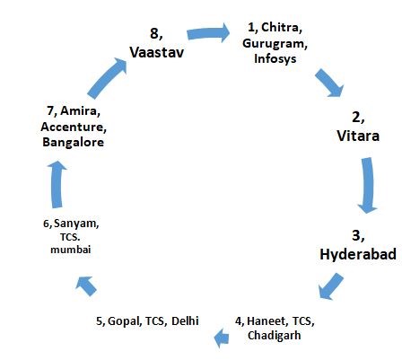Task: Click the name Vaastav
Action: (157, 52)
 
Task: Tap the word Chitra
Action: (280, 27)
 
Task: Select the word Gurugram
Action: (274, 44)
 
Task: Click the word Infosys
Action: (275, 58)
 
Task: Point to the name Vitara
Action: (358, 136)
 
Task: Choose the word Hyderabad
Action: (358, 254)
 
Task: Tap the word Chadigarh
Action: (275, 336)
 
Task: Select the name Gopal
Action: (123, 321)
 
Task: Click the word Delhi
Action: (185, 320)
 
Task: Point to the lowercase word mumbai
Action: (71, 250)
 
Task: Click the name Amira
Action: (79, 110)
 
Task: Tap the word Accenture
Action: (73, 127)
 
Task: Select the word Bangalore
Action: (73, 142)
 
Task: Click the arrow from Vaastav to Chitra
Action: (208, 33)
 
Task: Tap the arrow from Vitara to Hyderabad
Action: (368, 185)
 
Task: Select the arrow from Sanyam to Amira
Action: (57, 184)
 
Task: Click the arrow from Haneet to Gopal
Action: (222, 338)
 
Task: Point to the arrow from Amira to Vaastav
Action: (107, 78)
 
